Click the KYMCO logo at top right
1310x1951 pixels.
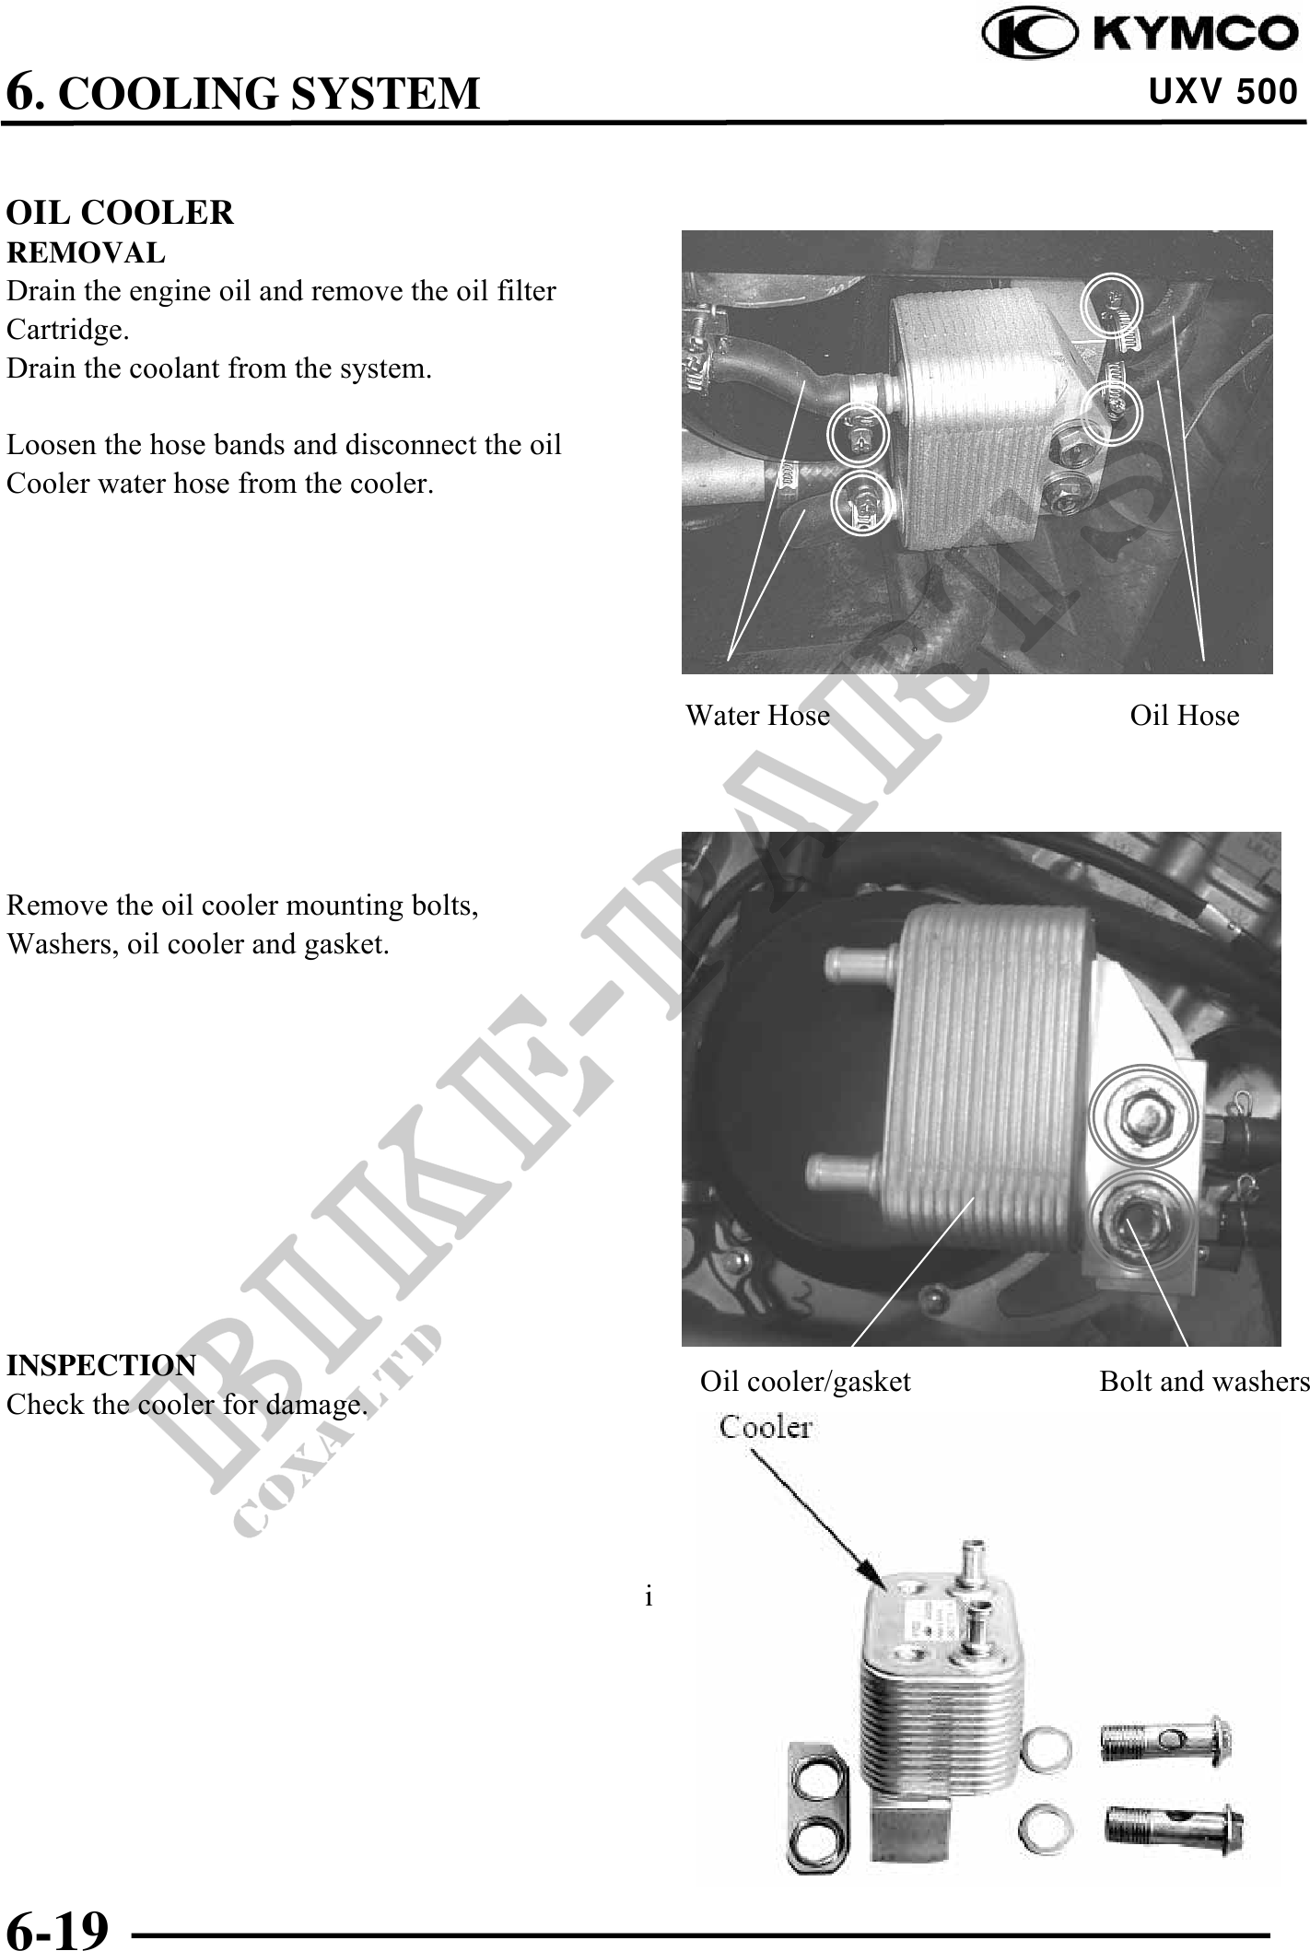[1140, 35]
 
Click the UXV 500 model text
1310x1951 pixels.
[1223, 92]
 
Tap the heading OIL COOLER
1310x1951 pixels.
[120, 213]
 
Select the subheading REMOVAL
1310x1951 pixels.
[86, 252]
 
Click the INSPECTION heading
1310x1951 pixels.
[101, 1365]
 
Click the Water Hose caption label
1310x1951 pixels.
[757, 716]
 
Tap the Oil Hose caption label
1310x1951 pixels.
[1185, 716]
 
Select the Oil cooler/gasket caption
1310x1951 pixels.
[805, 1382]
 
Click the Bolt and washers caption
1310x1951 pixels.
[1204, 1382]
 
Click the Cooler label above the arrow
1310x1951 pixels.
[766, 1428]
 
